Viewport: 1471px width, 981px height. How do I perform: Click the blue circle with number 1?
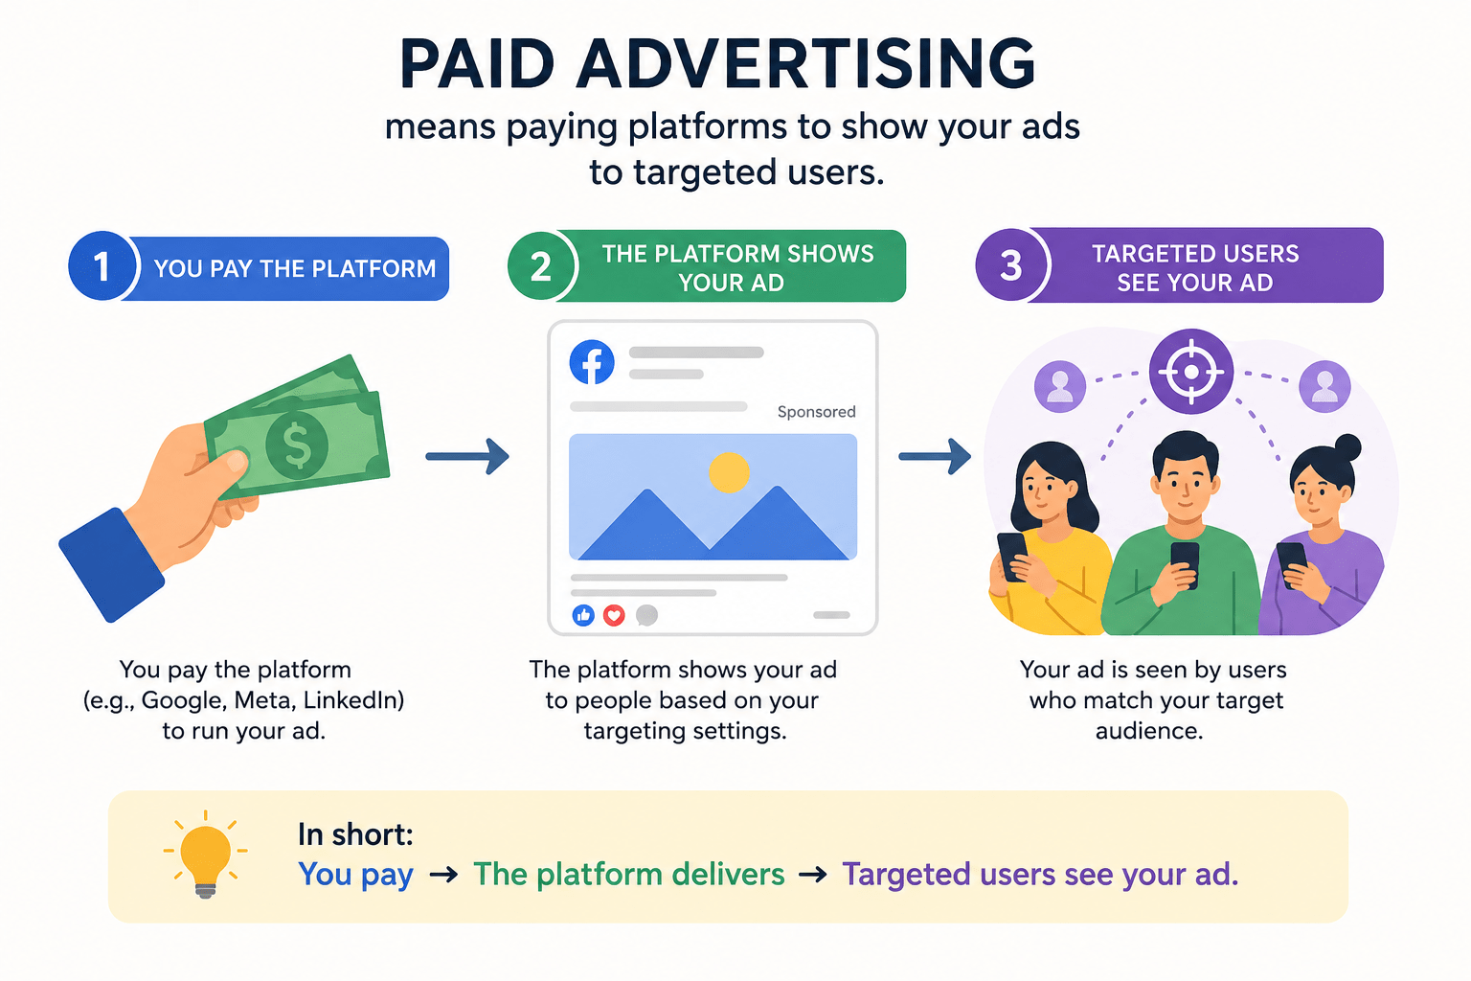point(102,265)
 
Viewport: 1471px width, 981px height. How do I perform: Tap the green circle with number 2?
point(540,266)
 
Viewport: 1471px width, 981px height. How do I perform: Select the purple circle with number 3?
point(1010,264)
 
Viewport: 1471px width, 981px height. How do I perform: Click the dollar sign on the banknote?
point(297,445)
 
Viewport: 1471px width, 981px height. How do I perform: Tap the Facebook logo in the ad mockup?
point(592,362)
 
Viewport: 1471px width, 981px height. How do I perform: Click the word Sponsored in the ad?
point(816,412)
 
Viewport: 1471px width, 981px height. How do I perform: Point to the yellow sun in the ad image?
point(729,472)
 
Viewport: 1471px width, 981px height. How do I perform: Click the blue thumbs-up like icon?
point(583,615)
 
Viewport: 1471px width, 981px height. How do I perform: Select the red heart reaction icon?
point(614,615)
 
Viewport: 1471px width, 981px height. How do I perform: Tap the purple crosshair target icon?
point(1190,372)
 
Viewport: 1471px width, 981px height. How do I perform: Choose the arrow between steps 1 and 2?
point(467,456)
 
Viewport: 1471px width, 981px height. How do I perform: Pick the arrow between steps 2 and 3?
point(935,456)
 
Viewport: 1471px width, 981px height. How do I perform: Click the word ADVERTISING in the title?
point(805,64)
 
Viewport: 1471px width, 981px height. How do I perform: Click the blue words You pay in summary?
point(356,875)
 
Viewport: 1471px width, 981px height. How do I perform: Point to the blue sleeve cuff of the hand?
point(112,565)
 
